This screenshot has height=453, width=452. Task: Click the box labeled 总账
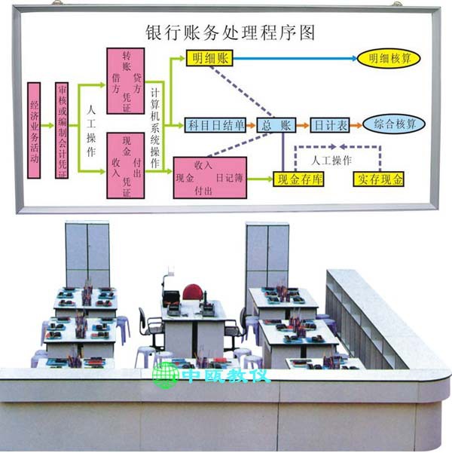click(275, 125)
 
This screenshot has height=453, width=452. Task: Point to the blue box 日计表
click(330, 125)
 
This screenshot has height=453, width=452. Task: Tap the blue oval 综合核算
click(393, 125)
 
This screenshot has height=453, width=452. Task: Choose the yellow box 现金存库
click(298, 179)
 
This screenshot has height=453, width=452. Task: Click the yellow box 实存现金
click(380, 179)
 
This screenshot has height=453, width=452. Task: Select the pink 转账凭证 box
click(125, 81)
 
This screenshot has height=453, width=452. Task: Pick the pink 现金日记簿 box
click(203, 178)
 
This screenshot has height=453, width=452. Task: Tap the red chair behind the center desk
click(193, 292)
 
